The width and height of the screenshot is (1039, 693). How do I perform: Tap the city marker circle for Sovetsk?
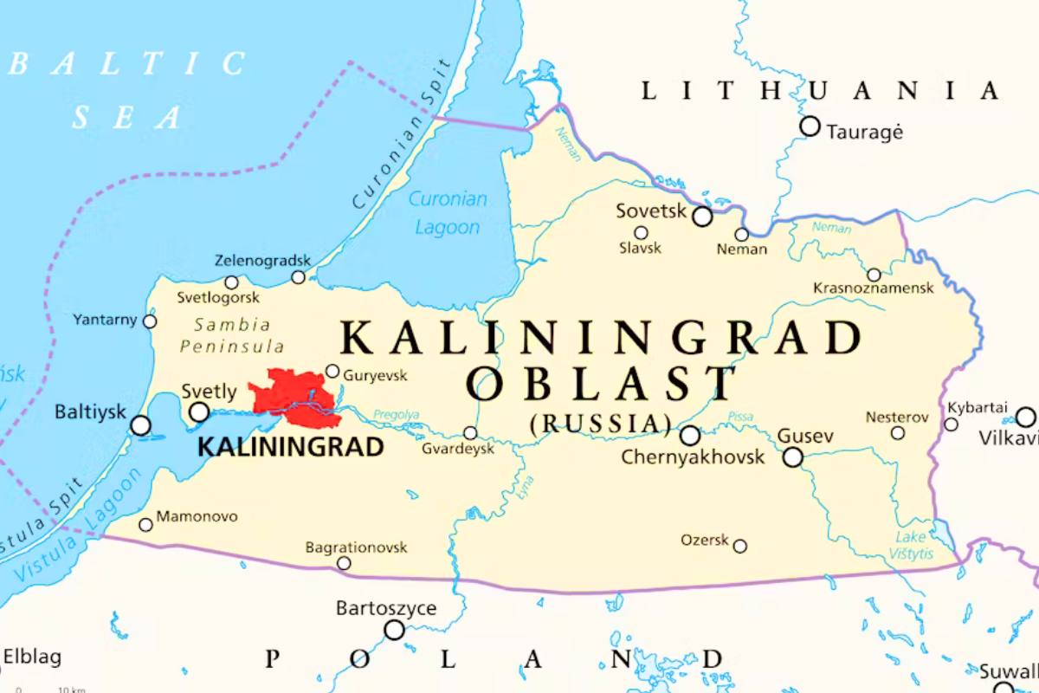[702, 217]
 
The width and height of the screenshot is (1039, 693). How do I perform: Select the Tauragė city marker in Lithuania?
[810, 126]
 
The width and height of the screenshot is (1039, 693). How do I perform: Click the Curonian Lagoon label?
[448, 213]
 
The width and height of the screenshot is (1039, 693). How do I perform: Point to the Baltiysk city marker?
[140, 425]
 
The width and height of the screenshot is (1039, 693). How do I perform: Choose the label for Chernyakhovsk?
[693, 457]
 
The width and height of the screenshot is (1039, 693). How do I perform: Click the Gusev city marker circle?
[792, 457]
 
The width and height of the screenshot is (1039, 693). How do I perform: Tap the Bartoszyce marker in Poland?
[394, 630]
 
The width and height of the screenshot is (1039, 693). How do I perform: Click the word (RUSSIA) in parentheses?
[601, 423]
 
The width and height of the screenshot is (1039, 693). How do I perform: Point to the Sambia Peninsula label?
[231, 335]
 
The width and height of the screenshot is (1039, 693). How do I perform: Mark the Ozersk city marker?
[740, 546]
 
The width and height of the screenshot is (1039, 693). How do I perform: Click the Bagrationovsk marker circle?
[344, 563]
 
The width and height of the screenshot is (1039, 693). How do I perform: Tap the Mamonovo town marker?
[145, 524]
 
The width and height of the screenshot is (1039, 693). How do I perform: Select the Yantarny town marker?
[150, 321]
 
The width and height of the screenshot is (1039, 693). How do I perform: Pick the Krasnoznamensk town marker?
[874, 275]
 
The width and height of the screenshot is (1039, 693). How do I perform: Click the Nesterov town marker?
[898, 432]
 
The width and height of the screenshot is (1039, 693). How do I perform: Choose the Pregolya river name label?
[397, 415]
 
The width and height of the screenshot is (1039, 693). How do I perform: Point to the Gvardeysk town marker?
[470, 433]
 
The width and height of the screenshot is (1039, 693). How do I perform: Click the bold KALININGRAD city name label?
[291, 447]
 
